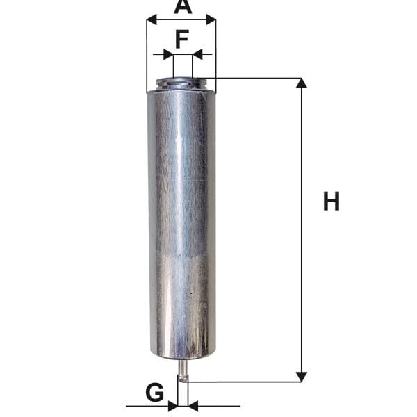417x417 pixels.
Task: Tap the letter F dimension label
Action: point(182,39)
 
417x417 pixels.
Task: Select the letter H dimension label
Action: point(332,202)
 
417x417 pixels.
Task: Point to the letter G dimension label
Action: point(154,393)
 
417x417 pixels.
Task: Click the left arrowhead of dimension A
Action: point(152,21)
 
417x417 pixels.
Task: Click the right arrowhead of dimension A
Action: point(211,21)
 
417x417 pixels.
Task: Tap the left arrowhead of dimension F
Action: point(167,54)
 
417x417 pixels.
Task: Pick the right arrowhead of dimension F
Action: point(197,54)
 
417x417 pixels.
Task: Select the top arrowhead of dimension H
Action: point(301,83)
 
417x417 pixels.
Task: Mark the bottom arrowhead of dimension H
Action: point(301,376)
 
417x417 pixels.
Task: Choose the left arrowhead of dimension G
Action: point(172,405)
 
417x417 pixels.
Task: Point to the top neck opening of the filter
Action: point(182,83)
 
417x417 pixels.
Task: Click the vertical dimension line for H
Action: point(301,229)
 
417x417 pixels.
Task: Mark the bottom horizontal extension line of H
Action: point(243,381)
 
